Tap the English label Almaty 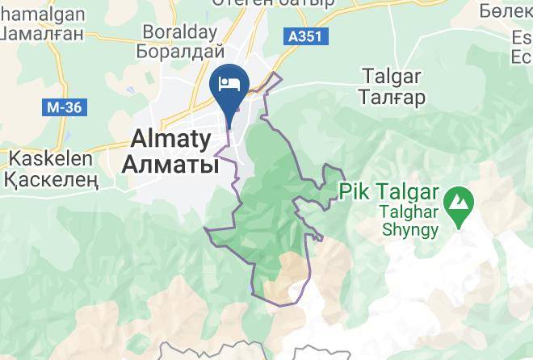coord(171,137)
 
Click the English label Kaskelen coord(41,157)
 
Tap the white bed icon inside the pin coord(229,83)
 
